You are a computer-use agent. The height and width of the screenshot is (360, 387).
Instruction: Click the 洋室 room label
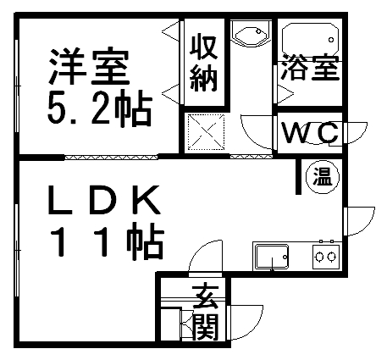89,68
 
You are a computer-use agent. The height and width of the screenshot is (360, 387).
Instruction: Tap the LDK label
104,200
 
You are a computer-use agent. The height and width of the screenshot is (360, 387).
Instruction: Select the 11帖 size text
107,241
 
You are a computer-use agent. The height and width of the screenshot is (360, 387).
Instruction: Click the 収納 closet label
204,64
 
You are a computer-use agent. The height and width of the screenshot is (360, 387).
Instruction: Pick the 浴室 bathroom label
310,67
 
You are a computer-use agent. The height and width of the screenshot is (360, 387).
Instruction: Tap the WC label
311,133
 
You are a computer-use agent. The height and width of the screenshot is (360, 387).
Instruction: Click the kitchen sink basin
272,257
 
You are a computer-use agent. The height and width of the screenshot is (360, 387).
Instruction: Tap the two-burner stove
326,257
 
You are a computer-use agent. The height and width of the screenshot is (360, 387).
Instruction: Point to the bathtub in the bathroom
310,40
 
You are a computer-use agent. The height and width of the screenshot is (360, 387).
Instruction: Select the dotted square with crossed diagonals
206,131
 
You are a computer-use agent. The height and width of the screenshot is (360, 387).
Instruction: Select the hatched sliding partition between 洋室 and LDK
111,157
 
